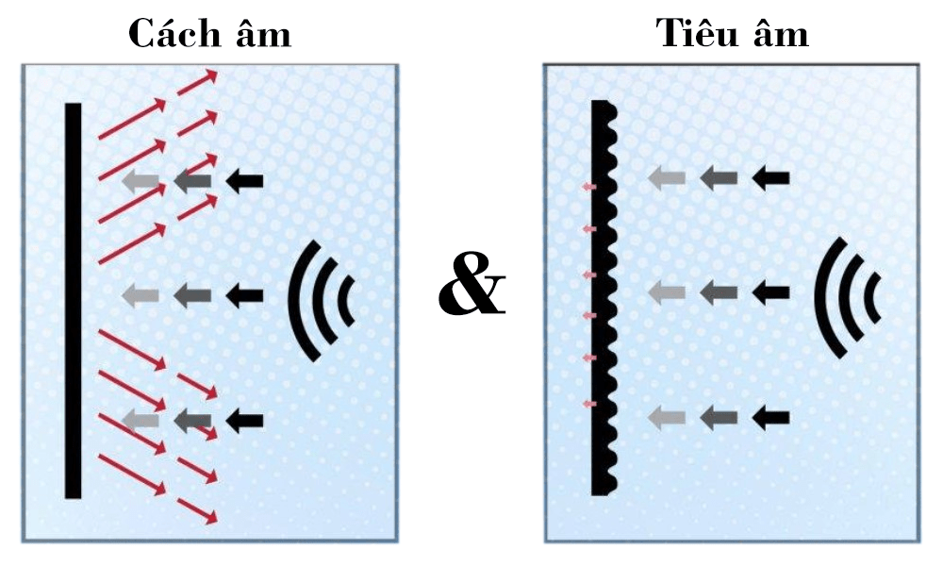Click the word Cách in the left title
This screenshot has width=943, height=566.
(167, 33)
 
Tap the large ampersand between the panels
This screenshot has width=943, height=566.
(471, 292)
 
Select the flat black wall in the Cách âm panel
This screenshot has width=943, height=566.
(74, 301)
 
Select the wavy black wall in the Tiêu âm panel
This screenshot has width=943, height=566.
(604, 298)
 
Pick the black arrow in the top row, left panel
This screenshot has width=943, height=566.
(245, 180)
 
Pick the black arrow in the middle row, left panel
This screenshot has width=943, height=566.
(245, 295)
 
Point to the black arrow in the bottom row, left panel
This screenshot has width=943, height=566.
(245, 419)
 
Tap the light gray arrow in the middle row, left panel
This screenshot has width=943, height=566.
(141, 295)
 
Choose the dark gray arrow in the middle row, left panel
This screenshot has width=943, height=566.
(192, 295)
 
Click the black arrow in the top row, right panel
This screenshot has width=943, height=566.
(770, 178)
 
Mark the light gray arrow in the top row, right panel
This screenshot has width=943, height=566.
(667, 178)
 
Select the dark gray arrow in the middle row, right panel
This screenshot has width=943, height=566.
(719, 293)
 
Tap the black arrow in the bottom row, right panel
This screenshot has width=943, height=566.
(770, 418)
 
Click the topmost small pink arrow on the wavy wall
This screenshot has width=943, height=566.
(589, 187)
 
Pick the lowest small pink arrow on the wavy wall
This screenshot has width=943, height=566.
(589, 404)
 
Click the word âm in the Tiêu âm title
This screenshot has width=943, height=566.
(781, 32)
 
